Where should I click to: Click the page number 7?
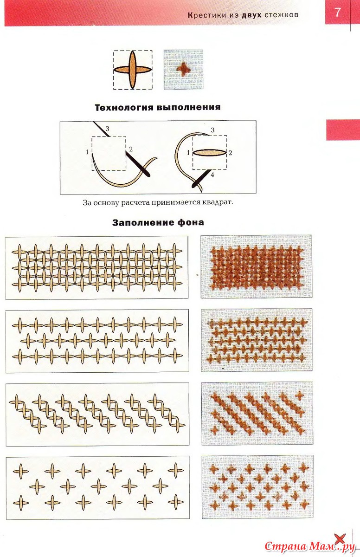click(x=337, y=13)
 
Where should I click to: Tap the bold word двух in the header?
click(x=251, y=15)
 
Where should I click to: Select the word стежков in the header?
click(x=281, y=15)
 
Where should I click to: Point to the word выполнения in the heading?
click(x=188, y=107)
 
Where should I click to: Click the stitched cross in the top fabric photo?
click(x=183, y=69)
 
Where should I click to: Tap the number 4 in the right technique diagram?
click(x=212, y=175)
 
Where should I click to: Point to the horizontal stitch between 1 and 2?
click(x=209, y=153)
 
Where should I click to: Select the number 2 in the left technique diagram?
click(x=131, y=149)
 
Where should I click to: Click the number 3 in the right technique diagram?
click(x=212, y=130)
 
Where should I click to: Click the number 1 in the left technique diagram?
click(x=87, y=152)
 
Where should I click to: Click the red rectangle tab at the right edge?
click(x=343, y=130)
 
